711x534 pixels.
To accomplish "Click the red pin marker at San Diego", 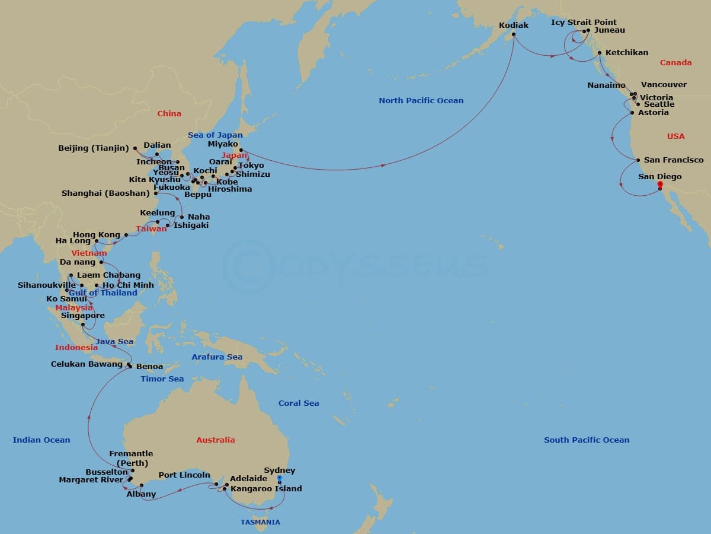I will [x=660, y=185].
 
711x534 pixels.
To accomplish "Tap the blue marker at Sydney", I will [x=279, y=479].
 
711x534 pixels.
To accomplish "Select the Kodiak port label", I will [x=514, y=26].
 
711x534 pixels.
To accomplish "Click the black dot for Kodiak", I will [x=514, y=34].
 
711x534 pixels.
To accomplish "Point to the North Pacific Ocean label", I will [x=421, y=100].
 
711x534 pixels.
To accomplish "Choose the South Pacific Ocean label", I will [x=587, y=440].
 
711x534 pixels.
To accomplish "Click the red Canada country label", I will [x=675, y=62].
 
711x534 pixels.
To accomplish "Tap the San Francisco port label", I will [x=674, y=160].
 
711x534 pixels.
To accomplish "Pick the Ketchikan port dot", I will [x=600, y=53].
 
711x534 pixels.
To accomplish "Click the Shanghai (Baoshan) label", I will [x=105, y=193].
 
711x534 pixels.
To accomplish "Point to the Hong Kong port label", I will [x=97, y=235].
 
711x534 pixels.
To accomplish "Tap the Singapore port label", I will [x=83, y=316].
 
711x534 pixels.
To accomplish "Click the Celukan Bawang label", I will [x=87, y=364].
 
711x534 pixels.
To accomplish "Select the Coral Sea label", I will [x=299, y=403].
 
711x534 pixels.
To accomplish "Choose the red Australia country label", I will [x=216, y=440].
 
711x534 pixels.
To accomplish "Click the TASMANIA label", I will [x=260, y=522].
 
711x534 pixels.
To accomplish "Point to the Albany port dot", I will [x=142, y=485].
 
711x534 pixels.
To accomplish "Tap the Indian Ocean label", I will [x=41, y=440].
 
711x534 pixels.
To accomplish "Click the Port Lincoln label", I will [x=184, y=475].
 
